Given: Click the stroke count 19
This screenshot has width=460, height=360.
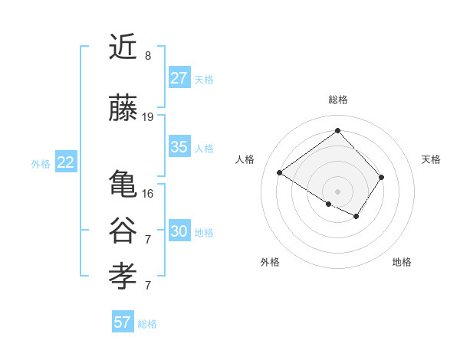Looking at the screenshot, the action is (148, 117).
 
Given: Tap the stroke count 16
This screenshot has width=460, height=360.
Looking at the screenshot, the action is (148, 193).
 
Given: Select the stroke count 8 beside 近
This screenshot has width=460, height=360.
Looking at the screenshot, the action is (148, 56).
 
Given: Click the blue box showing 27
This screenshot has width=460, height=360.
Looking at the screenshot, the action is (179, 78).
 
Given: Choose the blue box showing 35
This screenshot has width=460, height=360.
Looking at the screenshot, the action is (179, 147).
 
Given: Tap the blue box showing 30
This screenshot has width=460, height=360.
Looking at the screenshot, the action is (179, 231).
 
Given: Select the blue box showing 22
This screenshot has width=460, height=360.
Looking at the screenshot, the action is (66, 162).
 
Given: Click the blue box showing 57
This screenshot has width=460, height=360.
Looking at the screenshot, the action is (123, 322).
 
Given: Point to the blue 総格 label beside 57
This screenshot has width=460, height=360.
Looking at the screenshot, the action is (147, 324).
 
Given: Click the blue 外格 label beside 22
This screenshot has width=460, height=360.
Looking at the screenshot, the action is (41, 163).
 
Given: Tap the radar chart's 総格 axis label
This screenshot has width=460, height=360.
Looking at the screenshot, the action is (338, 100).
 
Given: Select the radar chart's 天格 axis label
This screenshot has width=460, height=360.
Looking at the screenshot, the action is (431, 159).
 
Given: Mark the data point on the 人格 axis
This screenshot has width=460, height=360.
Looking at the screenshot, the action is (280, 173).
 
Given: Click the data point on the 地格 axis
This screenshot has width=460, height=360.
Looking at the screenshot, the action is (356, 217).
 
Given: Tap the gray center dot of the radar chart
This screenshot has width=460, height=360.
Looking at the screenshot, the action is (337, 190).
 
